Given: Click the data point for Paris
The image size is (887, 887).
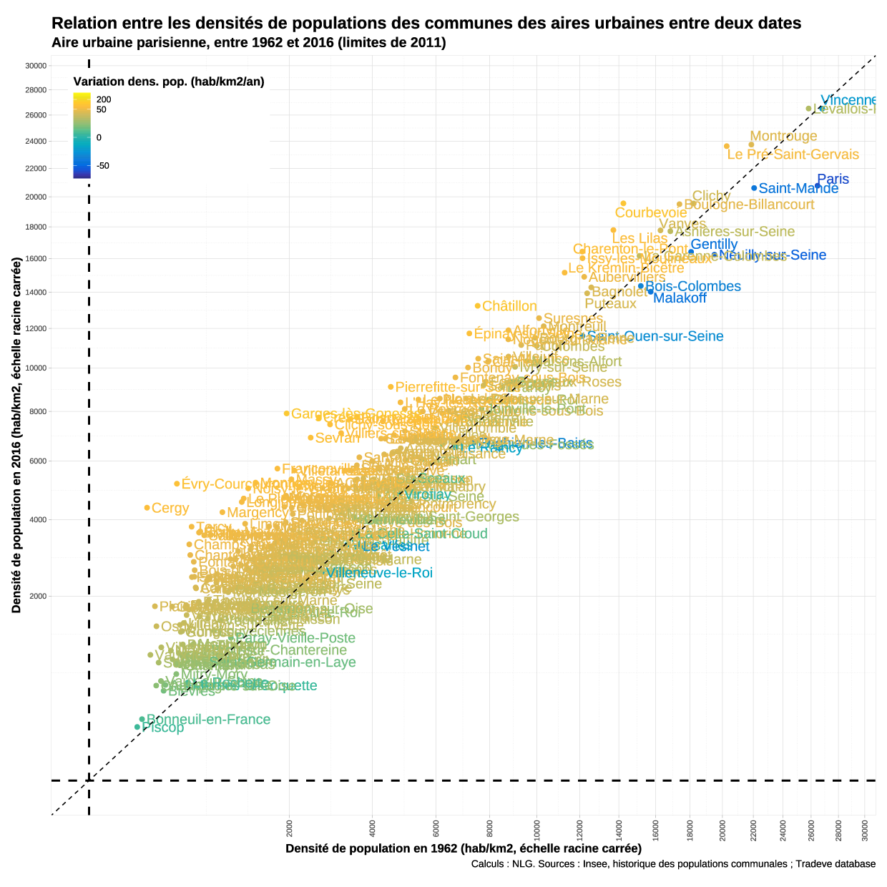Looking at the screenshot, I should tap(818, 186).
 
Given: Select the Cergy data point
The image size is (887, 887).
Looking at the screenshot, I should tap(147, 508).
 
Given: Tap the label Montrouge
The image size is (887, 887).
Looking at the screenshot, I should tap(783, 136).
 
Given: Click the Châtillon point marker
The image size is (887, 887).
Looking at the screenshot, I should tap(478, 306).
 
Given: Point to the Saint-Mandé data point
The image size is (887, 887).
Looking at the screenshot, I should tap(754, 188).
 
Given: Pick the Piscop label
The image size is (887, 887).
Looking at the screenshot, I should tap(163, 728).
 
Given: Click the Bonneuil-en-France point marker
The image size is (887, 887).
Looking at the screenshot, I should tap(142, 719).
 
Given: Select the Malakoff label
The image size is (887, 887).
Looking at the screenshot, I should tap(680, 298).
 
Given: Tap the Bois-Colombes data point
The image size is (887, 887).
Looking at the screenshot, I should tap(641, 286).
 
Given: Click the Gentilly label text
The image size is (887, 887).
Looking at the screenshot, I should tap(714, 244).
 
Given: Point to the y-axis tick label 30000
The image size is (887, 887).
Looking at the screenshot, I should tap(36, 66).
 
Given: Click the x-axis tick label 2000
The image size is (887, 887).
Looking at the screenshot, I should tap(289, 828).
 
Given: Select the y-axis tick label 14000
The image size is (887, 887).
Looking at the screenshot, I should tap(36, 293).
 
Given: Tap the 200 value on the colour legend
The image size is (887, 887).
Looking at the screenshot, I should tap(104, 99).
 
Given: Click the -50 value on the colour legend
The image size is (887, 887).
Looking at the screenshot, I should tap(103, 166).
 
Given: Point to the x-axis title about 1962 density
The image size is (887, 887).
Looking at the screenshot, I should tap(463, 848).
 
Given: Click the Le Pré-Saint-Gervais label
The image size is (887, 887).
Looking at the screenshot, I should tap(793, 155).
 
